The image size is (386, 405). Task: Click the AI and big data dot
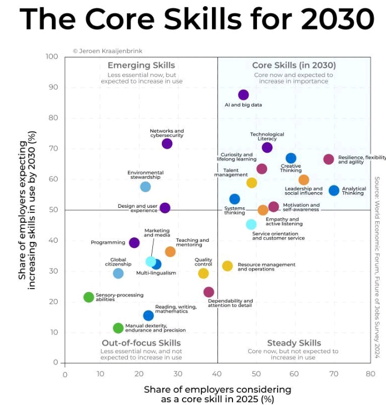pyautogui.click(x=243, y=95)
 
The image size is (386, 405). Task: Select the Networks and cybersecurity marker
pyautogui.click(x=167, y=144)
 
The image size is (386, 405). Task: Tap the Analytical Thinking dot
pyautogui.click(x=334, y=191)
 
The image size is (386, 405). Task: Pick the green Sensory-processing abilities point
pyautogui.click(x=88, y=297)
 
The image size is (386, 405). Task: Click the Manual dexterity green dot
pyautogui.click(x=118, y=328)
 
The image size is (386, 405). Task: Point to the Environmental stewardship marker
pyautogui.click(x=145, y=187)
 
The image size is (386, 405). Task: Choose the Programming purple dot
pyautogui.click(x=134, y=242)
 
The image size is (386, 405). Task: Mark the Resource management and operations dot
pyautogui.click(x=227, y=266)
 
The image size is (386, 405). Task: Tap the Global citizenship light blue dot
pyautogui.click(x=118, y=273)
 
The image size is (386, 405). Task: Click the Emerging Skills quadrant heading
pyautogui.click(x=141, y=65)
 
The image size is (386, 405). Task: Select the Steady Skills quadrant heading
pyautogui.click(x=294, y=343)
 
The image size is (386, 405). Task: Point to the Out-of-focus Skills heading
pyautogui.click(x=141, y=343)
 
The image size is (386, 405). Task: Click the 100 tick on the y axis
pyautogui.click(x=52, y=57)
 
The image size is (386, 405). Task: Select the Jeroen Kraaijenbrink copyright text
pyautogui.click(x=107, y=51)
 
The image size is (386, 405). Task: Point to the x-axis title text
pyautogui.click(x=217, y=394)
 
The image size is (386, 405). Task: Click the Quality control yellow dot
pyautogui.click(x=204, y=273)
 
